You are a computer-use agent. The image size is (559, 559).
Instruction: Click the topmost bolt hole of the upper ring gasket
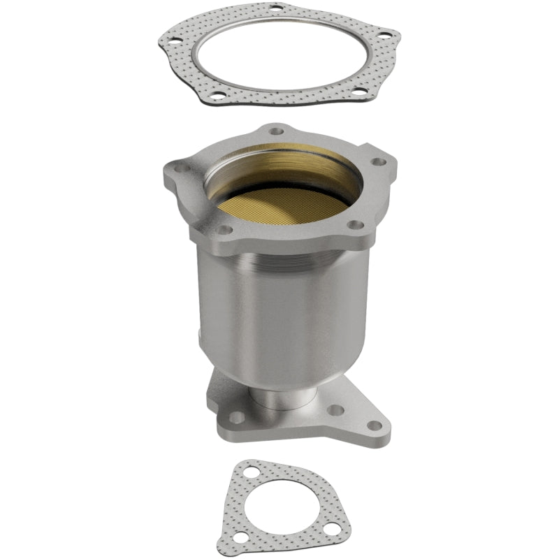[275, 9]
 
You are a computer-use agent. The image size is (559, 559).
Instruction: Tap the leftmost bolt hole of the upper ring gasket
[172, 48]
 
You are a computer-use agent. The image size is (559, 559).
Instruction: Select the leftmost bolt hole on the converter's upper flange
[176, 168]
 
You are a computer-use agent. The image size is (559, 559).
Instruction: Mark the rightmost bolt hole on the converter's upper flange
[379, 161]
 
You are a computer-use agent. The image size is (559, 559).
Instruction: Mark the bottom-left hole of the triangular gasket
[241, 538]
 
